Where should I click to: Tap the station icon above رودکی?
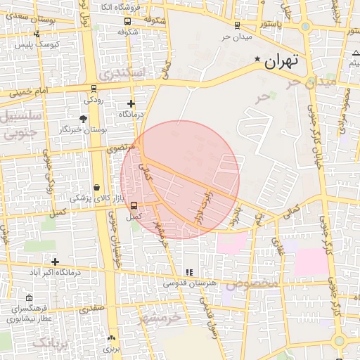94,89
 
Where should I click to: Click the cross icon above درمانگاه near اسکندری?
131,103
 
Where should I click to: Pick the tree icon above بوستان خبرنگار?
84,119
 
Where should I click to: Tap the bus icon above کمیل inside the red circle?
134,207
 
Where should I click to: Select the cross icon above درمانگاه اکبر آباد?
55,262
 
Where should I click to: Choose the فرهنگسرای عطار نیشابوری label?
30,314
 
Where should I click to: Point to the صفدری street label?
91,308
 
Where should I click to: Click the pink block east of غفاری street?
311,261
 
